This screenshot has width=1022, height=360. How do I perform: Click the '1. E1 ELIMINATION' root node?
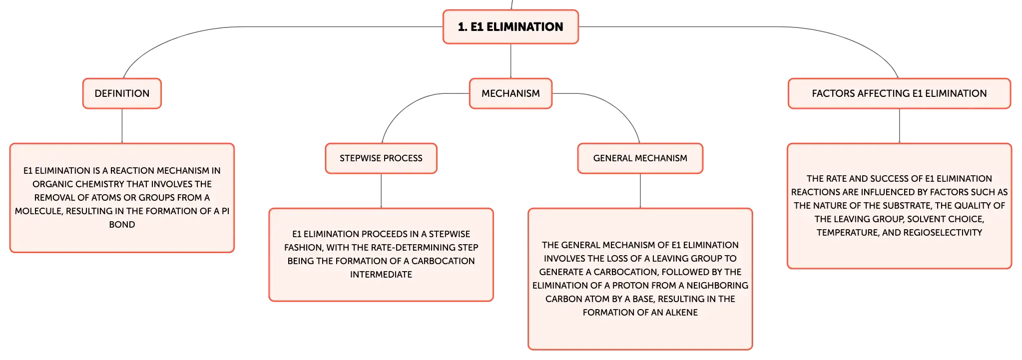click(x=511, y=27)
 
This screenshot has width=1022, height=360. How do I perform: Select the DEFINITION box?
click(x=122, y=93)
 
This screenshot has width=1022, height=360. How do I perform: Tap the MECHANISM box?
click(x=511, y=93)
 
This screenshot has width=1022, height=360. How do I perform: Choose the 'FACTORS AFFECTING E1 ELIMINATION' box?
click(x=899, y=93)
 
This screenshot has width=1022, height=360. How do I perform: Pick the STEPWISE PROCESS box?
click(x=381, y=158)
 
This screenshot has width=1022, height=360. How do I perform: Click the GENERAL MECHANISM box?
click(x=640, y=158)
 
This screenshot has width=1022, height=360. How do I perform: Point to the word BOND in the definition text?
click(x=122, y=225)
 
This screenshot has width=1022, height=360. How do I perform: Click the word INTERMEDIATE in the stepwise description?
click(x=381, y=275)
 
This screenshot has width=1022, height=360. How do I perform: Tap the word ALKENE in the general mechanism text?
click(x=679, y=313)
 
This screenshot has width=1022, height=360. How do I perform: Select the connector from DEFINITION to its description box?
click(x=122, y=126)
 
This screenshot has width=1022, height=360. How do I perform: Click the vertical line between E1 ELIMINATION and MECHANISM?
click(x=511, y=61)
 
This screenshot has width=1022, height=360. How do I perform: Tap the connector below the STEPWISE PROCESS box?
click(x=381, y=191)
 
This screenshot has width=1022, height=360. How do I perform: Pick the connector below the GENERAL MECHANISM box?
click(x=640, y=191)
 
